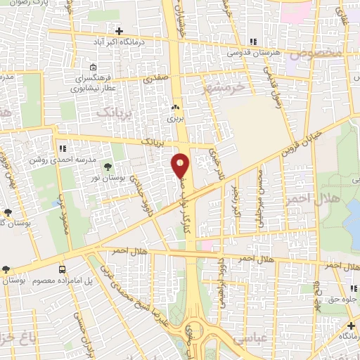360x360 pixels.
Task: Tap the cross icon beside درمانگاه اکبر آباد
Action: pyautogui.click(x=119, y=32)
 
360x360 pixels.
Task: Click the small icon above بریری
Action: pyautogui.click(x=175, y=108)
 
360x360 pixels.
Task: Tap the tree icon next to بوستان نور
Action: pyautogui.click(x=108, y=167)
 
